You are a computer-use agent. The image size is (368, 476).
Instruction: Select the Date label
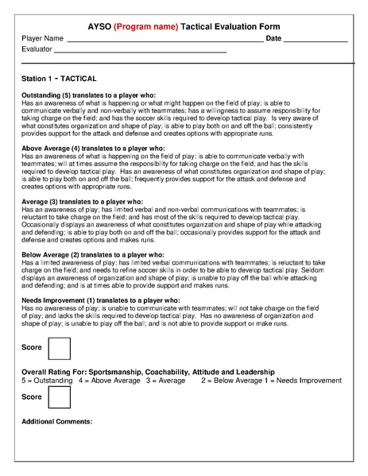click(273, 38)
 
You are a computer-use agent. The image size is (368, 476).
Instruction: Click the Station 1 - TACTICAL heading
click(60, 79)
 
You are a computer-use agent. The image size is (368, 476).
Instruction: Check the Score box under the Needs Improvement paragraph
click(60, 349)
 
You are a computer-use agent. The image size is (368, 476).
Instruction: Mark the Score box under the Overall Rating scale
click(60, 397)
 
